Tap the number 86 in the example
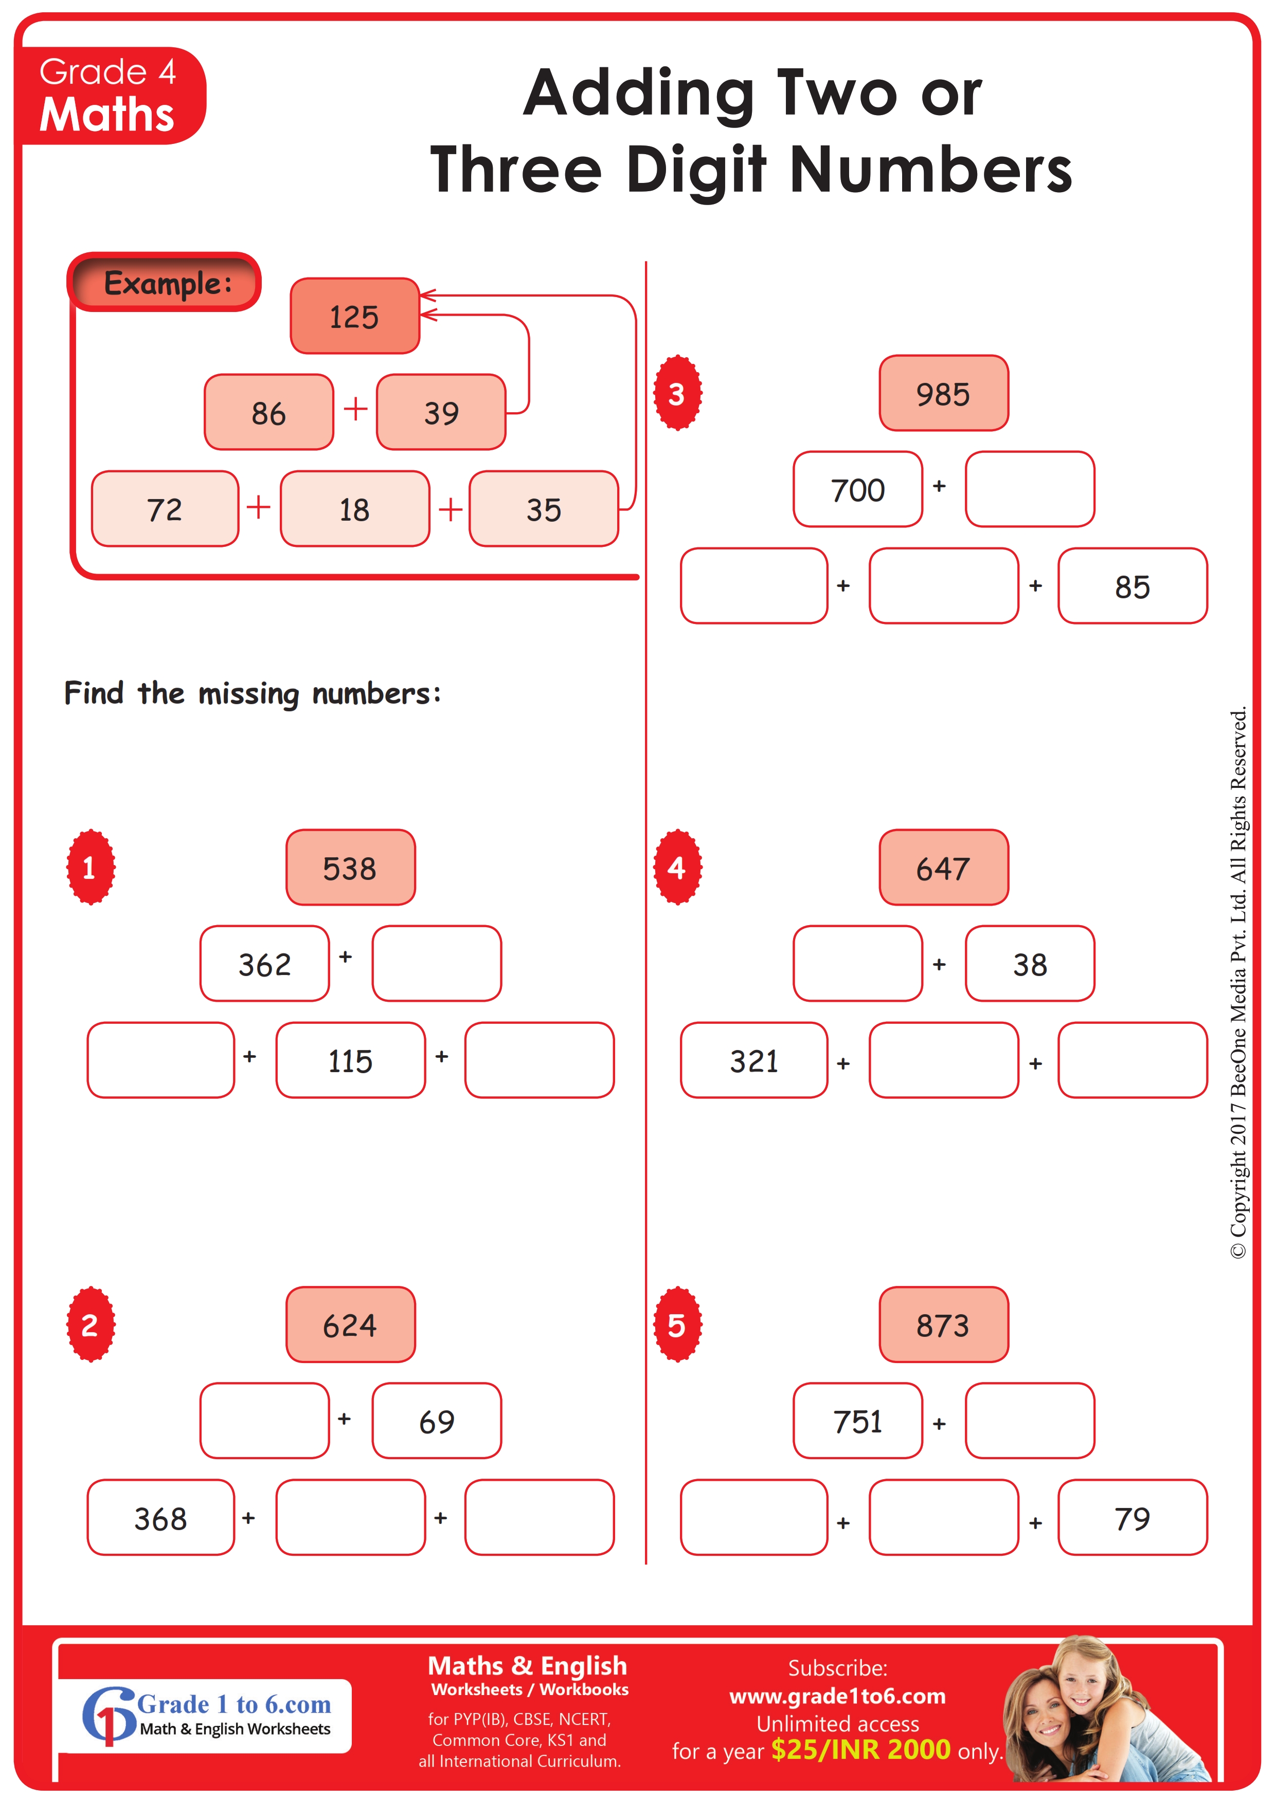[268, 413]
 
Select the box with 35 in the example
[544, 509]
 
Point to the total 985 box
[943, 393]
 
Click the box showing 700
[858, 489]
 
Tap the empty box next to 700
[1030, 489]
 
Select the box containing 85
[1132, 586]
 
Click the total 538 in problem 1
[350, 868]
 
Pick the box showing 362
[265, 964]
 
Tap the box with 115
[350, 1060]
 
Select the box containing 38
[1030, 964]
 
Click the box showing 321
[754, 1060]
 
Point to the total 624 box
[350, 1325]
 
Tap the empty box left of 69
[265, 1421]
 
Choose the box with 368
[161, 1517]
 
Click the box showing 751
[858, 1421]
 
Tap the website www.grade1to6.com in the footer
[837, 1696]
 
